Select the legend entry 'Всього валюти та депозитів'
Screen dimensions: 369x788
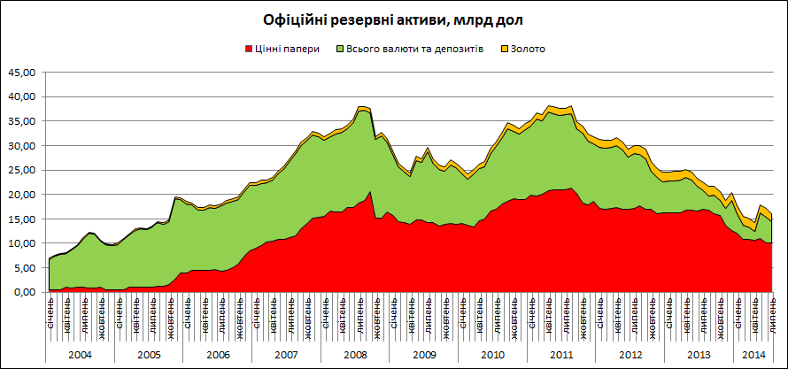pos(415,49)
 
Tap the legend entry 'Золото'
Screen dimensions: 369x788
pos(528,49)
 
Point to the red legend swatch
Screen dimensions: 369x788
pos(246,49)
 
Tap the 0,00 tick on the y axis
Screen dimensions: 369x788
pos(23,292)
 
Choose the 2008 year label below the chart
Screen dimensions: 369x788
pos(354,354)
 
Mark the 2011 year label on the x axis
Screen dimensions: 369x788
pos(561,354)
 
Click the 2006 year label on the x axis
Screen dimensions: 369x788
pos(217,354)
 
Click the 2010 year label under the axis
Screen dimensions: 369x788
pos(492,354)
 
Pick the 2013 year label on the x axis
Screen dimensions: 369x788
pos(699,354)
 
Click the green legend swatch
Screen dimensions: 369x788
pos(341,49)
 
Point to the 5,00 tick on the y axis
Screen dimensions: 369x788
pos(23,267)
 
